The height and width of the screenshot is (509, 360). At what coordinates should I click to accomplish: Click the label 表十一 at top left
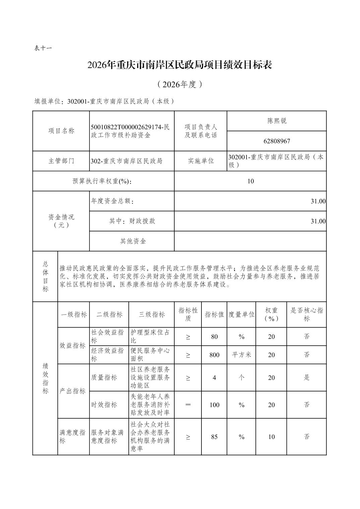43,48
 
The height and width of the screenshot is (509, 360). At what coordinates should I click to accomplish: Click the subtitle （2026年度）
180,84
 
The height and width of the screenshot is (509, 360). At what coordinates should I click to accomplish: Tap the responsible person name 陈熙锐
277,121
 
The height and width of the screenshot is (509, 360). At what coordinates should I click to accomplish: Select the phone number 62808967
277,141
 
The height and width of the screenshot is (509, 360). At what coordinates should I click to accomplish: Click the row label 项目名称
61,131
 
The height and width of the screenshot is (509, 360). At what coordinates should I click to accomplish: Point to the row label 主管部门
61,161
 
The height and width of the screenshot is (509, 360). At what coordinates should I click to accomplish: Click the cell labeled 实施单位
201,161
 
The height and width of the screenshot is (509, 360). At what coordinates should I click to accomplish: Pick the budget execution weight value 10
250,181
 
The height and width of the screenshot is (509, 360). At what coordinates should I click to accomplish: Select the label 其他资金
133,241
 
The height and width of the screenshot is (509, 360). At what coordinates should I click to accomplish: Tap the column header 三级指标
152,314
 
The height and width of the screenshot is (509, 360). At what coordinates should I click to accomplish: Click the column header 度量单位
241,314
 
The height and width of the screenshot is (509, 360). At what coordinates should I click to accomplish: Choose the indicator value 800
214,355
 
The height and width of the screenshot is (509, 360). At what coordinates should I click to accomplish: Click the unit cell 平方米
241,355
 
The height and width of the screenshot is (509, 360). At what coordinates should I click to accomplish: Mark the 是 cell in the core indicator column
306,378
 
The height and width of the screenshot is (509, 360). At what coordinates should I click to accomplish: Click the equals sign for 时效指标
188,405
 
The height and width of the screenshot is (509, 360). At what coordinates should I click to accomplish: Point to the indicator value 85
214,437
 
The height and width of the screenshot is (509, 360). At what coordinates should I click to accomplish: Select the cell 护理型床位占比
150,336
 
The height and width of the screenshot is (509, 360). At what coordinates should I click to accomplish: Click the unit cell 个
241,378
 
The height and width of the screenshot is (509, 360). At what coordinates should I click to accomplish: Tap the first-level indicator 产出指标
72,391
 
